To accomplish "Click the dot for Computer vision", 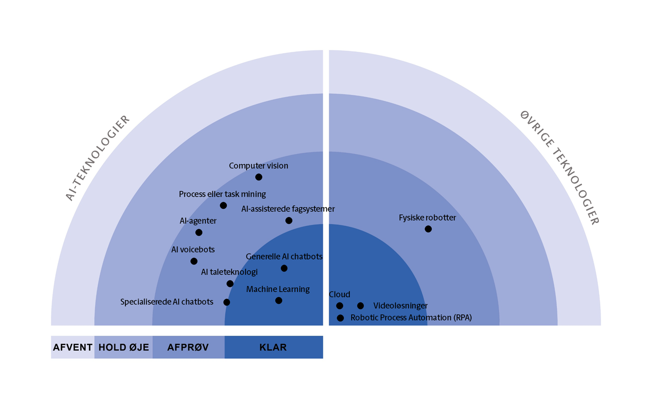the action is coord(258,177).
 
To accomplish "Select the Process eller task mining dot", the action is coord(223,205).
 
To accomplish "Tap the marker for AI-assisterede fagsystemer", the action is coord(289,221).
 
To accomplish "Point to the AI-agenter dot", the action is coord(199,232).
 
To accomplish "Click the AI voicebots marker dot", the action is coord(194,261).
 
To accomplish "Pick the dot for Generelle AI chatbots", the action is coord(284,268).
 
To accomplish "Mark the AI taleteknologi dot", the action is coord(230,284).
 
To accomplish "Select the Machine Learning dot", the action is coord(279,300).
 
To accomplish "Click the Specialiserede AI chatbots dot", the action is coord(227,302).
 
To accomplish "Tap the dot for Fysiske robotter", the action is coord(428,229).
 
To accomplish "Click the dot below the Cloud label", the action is coord(340,306).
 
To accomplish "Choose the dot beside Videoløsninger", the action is coord(360,306).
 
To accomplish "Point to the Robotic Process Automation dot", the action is coord(340,318).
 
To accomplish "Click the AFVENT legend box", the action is coord(73,347).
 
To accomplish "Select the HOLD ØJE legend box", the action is coord(123,347).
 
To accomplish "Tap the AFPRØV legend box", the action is coord(188,347).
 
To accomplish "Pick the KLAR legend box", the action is coord(274,347).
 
